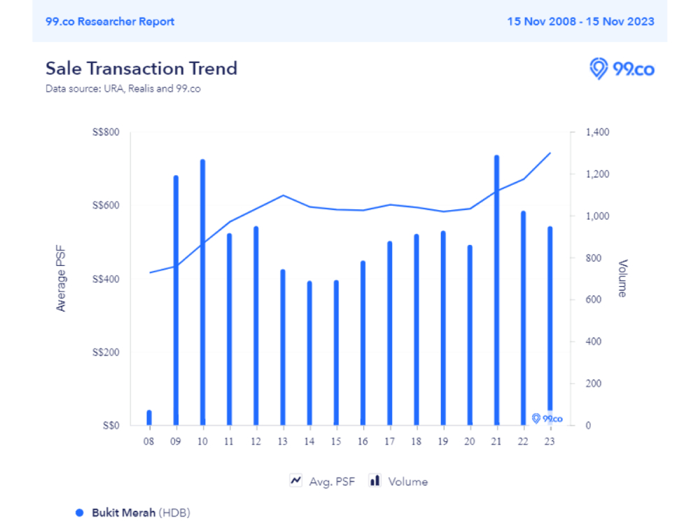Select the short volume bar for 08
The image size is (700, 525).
pos(149,418)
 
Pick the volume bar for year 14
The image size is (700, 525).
pos(309,353)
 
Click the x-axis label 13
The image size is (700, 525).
pos(283,441)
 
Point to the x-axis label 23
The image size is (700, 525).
pos(550,441)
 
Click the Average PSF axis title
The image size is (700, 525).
pos(61,279)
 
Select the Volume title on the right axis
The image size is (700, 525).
pos(622,279)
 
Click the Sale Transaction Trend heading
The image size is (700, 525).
pos(141,68)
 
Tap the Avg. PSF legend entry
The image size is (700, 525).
pos(323,482)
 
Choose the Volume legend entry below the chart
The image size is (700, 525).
pos(398,482)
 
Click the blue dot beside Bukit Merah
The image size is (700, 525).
pos(80,512)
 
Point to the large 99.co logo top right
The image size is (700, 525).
pos(622,69)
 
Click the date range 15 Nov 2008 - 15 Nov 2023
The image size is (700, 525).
pos(581,21)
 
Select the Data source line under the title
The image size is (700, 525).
pos(123,89)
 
